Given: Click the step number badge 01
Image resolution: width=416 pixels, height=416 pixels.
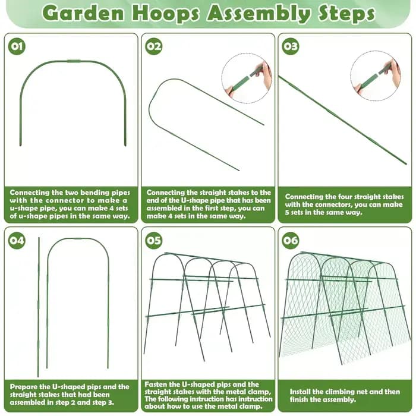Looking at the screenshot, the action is (x=17, y=46).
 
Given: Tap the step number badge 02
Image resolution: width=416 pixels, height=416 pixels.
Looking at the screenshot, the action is (x=153, y=46).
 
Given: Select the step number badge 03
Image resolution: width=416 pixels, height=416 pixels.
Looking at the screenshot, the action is (x=290, y=46).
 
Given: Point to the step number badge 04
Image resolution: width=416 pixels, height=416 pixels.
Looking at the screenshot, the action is (x=17, y=240).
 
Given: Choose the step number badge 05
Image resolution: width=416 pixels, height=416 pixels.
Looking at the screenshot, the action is (x=153, y=240).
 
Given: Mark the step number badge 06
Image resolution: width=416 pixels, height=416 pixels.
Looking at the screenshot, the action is (x=290, y=240).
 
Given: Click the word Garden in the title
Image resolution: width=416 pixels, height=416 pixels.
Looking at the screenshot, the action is (x=83, y=12).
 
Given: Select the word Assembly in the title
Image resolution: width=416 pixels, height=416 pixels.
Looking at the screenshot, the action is (x=259, y=14).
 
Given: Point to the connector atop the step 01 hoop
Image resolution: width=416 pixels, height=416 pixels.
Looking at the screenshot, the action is (x=74, y=61).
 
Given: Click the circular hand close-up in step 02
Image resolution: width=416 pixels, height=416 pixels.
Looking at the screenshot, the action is (x=247, y=78).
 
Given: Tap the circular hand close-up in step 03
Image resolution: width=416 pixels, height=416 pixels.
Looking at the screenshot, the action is (x=376, y=76).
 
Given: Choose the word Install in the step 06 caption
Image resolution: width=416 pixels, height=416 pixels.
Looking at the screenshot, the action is (x=300, y=392).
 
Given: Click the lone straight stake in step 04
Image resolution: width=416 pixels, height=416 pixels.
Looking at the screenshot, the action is (x=39, y=307).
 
